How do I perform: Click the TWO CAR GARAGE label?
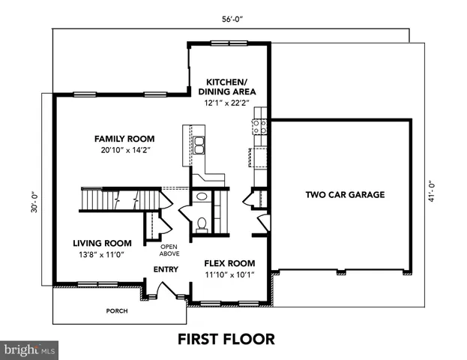345,195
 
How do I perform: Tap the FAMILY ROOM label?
124,139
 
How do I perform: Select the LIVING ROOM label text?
103,243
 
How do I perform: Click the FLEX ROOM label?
229,263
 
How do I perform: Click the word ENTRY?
166,269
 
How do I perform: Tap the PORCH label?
116,310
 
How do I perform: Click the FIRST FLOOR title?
226,339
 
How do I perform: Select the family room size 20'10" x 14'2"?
124,150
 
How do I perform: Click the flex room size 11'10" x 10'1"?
229,274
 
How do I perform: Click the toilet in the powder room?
201,223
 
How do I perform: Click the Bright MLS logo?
30,349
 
